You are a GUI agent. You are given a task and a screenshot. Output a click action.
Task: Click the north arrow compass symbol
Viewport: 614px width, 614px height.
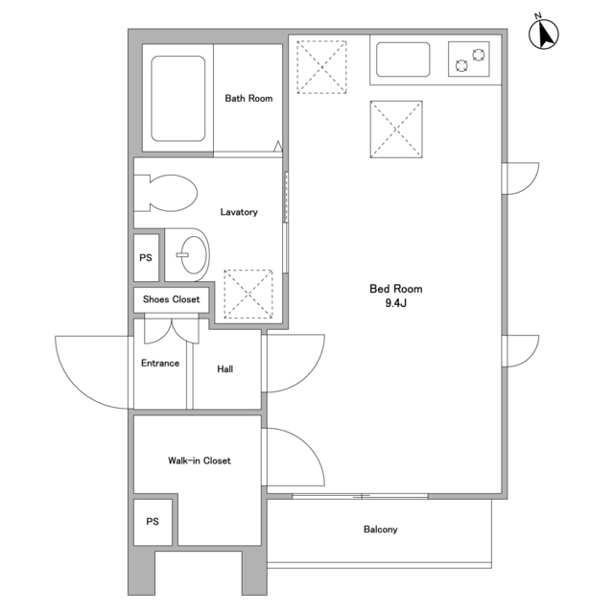tap(544, 34)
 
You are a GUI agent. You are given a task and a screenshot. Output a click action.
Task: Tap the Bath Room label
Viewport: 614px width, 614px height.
tap(248, 98)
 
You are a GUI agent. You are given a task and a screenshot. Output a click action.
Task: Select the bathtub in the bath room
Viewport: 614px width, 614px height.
tap(178, 98)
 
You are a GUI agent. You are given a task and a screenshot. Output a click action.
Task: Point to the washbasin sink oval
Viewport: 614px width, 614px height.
tap(194, 254)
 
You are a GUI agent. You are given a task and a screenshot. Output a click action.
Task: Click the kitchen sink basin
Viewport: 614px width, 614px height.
tap(403, 59)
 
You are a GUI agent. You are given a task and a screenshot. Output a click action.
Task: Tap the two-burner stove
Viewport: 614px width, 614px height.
tap(469, 59)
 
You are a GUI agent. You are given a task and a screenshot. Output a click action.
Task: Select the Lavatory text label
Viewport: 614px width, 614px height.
tap(239, 212)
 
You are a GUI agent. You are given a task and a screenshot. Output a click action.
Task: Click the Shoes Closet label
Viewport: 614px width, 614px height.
tap(171, 299)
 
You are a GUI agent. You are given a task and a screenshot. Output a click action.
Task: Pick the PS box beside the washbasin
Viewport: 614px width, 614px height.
tap(146, 257)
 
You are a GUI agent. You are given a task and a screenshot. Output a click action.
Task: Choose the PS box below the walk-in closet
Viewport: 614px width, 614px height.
tap(153, 522)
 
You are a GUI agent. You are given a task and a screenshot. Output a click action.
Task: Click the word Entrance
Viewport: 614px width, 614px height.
tap(160, 363)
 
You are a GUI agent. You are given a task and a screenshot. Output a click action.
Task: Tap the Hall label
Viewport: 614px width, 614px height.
tap(225, 368)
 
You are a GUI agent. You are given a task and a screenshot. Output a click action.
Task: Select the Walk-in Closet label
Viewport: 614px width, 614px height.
tap(200, 460)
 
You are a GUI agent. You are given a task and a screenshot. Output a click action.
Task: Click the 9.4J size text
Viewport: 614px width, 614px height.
tap(396, 303)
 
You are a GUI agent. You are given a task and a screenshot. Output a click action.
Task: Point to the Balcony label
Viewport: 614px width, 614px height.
tap(381, 530)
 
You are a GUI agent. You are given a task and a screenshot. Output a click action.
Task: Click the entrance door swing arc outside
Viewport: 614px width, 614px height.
tap(75, 389)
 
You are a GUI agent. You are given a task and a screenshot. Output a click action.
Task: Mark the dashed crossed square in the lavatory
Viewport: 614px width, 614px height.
tap(248, 294)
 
